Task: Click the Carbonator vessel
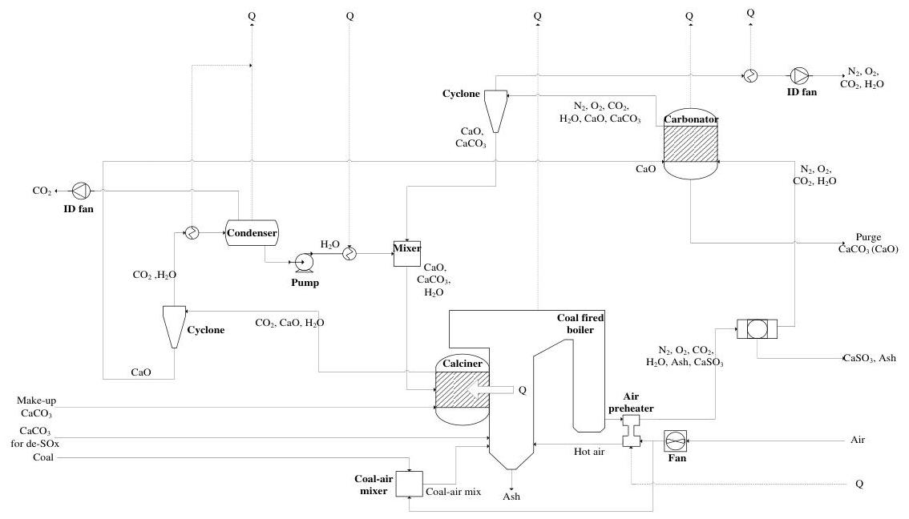point(690,145)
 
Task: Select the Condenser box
point(252,233)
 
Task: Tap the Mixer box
point(406,253)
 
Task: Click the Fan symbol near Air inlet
point(675,441)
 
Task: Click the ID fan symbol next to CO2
point(83,191)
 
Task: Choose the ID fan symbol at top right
point(800,75)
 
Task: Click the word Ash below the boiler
point(511,497)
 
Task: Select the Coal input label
point(44,457)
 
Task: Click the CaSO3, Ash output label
point(869,358)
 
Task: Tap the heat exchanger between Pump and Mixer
point(349,253)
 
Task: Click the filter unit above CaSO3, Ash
point(757,328)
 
